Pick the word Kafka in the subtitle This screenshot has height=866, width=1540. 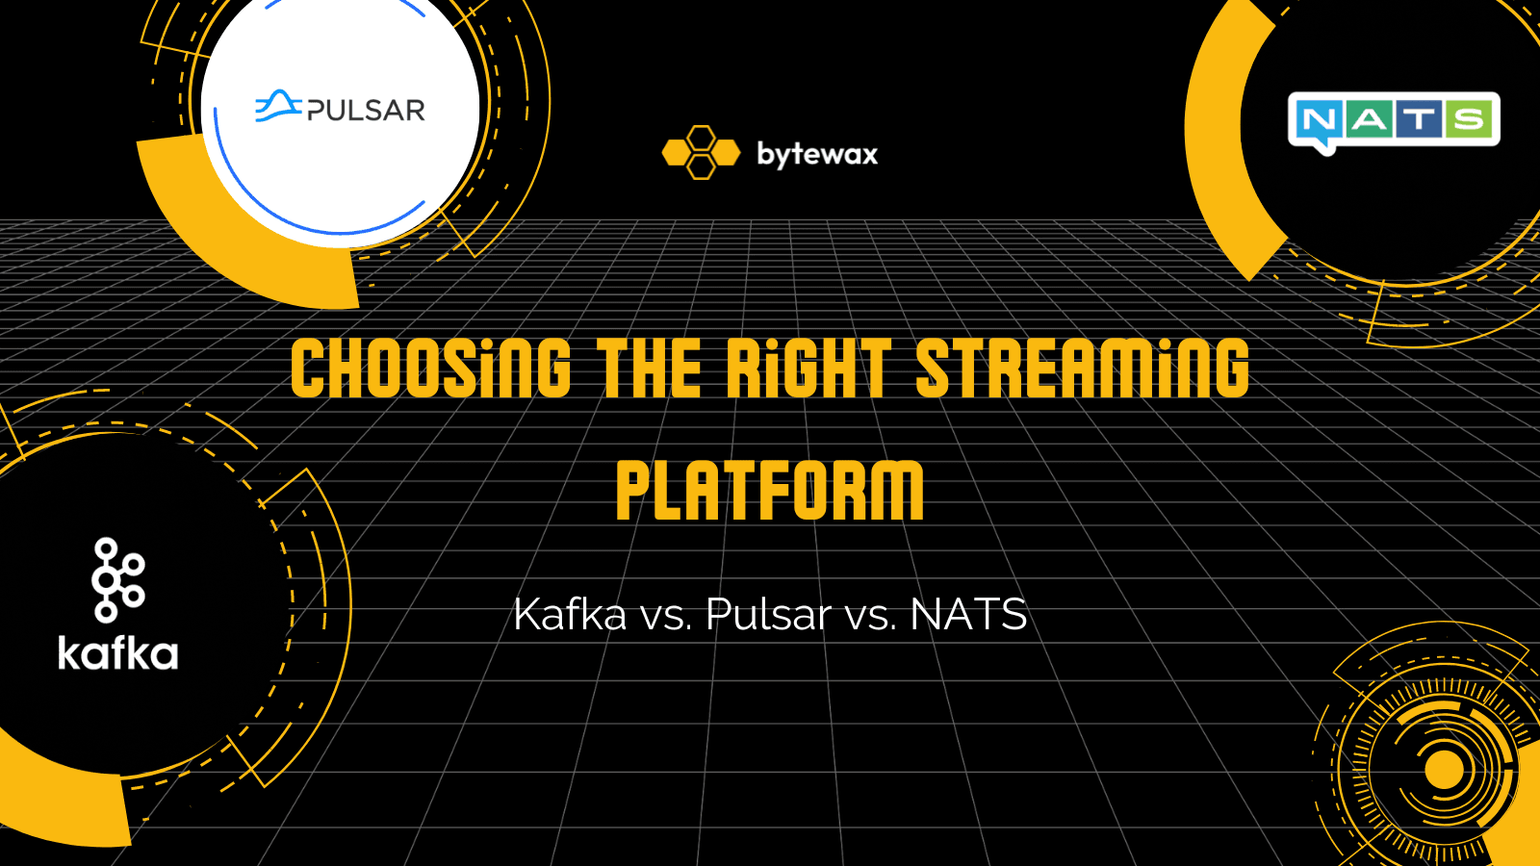coord(570,614)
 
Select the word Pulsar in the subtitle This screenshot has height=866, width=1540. coord(768,614)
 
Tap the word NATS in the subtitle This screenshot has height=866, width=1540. coord(968,614)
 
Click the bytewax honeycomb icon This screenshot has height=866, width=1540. coord(701,153)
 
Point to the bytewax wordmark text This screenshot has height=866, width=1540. coord(817,154)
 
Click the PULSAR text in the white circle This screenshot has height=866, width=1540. coord(366,111)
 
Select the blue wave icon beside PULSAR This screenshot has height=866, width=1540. coord(277,106)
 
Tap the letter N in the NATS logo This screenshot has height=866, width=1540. coord(1319,120)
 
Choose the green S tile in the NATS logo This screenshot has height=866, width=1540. coord(1470,119)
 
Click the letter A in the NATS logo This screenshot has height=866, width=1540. coord(1369,119)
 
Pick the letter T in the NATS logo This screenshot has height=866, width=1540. coord(1419,119)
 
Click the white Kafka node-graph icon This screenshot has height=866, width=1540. coord(117,579)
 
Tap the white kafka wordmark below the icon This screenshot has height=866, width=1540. coord(118,653)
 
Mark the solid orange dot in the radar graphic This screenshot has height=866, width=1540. coord(1443,769)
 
